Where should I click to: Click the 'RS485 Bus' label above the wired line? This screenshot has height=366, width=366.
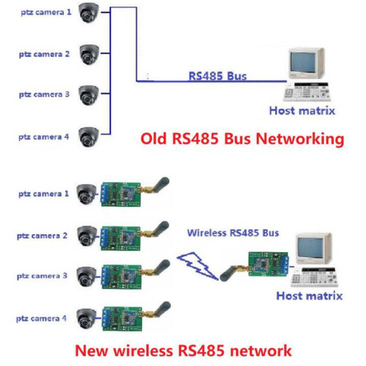coord(218,76)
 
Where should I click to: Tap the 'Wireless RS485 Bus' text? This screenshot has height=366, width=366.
coord(233,233)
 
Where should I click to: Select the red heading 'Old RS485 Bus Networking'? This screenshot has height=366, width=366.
coord(242,138)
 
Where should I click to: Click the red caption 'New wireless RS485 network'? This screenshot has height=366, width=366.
coord(184,350)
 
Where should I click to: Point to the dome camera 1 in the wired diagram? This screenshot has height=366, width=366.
coord(90,14)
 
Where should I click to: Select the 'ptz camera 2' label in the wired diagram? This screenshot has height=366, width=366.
coord(44,53)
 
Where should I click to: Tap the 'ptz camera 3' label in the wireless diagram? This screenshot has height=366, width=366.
coord(43,276)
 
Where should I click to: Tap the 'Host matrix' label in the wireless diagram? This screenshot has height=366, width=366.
coord(309,295)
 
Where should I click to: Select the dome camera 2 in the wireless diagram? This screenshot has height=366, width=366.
coord(86,234)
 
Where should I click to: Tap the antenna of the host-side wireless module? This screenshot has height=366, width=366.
coord(228,272)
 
